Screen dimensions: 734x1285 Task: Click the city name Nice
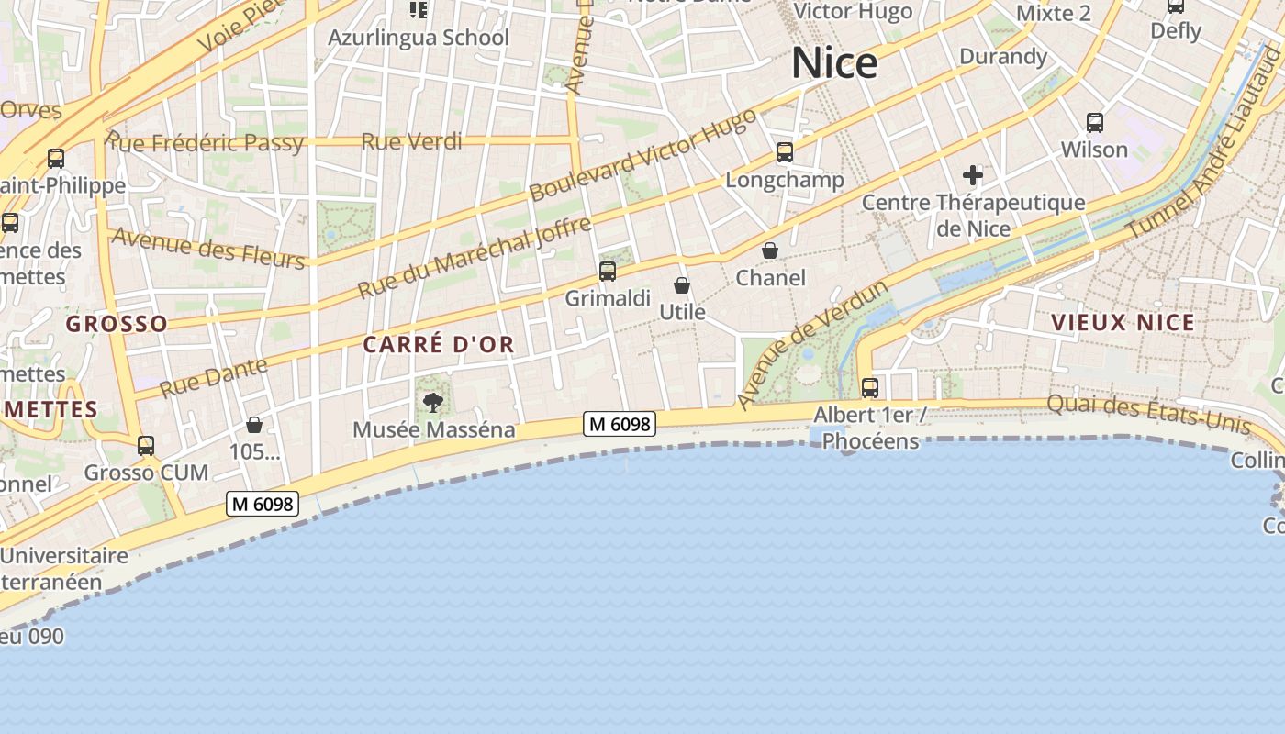pos(834,63)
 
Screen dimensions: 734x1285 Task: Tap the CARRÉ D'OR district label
pos(439,345)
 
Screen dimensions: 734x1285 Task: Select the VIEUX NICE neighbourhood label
pos(1123,322)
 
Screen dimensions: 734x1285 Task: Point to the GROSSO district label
pos(117,323)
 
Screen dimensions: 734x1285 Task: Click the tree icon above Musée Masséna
pos(432,402)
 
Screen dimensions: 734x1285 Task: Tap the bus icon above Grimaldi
pos(608,272)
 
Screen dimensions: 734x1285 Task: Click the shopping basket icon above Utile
pos(682,285)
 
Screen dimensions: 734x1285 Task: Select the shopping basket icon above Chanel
pos(770,250)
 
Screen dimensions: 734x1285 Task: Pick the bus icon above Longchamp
pos(785,152)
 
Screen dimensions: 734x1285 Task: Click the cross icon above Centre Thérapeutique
pos(973,174)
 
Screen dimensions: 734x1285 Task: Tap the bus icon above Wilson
pos(1094,123)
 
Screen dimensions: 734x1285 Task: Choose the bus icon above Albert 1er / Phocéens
pos(870,388)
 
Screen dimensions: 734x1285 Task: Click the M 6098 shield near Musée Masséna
pos(620,424)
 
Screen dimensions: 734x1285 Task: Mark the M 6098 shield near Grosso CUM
pos(263,504)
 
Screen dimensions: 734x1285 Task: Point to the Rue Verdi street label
pos(411,141)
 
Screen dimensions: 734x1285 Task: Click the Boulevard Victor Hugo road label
pos(642,155)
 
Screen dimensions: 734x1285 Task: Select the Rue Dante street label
pos(214,377)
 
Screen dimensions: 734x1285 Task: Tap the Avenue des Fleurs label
pos(207,248)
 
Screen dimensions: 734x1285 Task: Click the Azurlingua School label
pos(419,38)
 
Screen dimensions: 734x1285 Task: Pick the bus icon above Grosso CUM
pos(146,446)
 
